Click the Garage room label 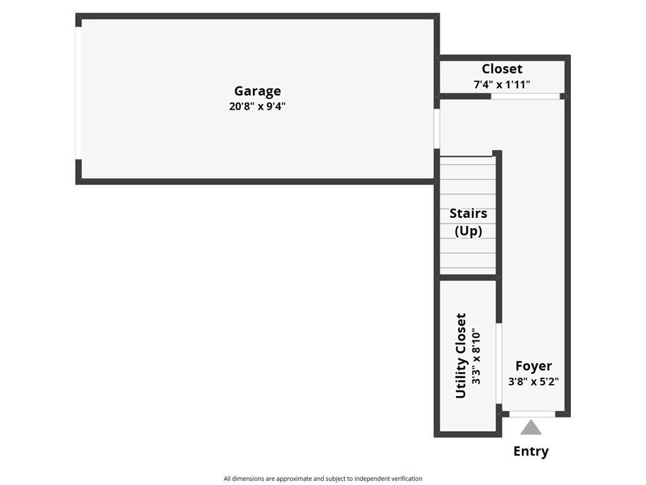coord(257,91)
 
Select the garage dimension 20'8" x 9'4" coord(257,106)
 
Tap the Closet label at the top coord(502,69)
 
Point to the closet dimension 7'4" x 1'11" coord(502,84)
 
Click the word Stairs coord(468,213)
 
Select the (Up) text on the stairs coord(468,231)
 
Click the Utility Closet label coord(461,356)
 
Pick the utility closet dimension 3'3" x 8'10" coord(477,357)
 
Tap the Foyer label coord(534,366)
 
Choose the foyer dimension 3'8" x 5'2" coord(534,381)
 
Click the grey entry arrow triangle coord(531,428)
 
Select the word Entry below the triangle coord(531,451)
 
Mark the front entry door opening coord(532,414)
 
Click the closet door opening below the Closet coord(526,96)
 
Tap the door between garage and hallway coord(437,129)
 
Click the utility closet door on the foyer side coord(498,363)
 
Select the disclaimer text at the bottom coord(323,479)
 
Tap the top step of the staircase coord(467,160)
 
